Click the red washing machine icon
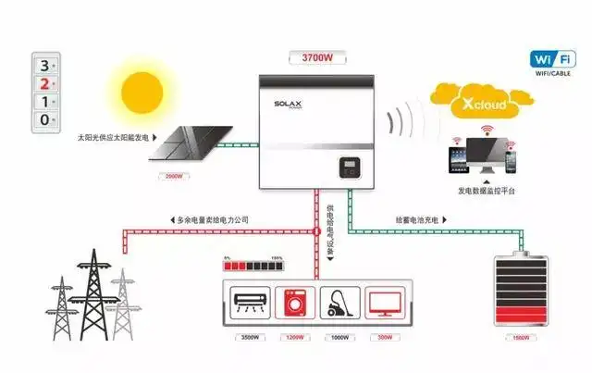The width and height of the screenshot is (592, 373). [x=294, y=303]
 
